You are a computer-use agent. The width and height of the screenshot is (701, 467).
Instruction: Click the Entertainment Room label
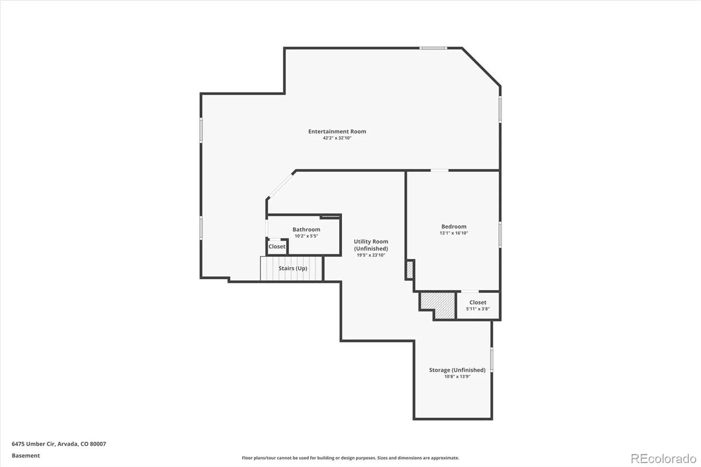pyautogui.click(x=337, y=131)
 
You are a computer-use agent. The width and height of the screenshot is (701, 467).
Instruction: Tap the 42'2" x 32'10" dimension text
pyautogui.click(x=337, y=138)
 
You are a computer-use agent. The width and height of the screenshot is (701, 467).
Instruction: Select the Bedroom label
pyautogui.click(x=453, y=226)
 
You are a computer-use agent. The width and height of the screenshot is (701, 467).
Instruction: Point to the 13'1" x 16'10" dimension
pyautogui.click(x=453, y=233)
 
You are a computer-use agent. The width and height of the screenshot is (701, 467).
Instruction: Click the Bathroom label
pyautogui.click(x=306, y=230)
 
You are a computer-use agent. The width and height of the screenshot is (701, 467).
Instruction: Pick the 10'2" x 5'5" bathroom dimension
pyautogui.click(x=306, y=236)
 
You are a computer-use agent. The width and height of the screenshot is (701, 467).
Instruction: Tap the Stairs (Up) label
pyautogui.click(x=293, y=268)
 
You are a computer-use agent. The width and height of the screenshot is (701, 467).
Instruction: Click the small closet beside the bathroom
pyautogui.click(x=277, y=247)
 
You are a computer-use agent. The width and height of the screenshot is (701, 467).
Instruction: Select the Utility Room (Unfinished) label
pyautogui.click(x=371, y=245)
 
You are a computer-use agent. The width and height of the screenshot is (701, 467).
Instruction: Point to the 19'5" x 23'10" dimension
pyautogui.click(x=371, y=255)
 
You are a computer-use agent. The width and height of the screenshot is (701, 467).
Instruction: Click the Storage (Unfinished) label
pyautogui.click(x=457, y=370)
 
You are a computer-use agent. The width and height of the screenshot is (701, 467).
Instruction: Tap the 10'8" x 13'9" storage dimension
pyautogui.click(x=457, y=377)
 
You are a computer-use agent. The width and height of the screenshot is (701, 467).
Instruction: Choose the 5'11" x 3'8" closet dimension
pyautogui.click(x=478, y=309)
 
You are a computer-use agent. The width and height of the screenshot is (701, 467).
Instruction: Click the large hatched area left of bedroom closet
pyautogui.click(x=438, y=302)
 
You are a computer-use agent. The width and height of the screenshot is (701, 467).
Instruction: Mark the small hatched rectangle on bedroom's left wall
pyautogui.click(x=410, y=270)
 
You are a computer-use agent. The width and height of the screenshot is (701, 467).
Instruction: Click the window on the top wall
pyautogui.click(x=433, y=48)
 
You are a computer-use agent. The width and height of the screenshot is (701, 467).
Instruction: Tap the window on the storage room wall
pyautogui.click(x=492, y=359)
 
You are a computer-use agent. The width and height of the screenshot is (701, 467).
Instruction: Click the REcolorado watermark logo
pyautogui.click(x=663, y=459)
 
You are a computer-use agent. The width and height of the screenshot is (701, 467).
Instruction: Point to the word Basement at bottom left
pyautogui.click(x=26, y=456)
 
